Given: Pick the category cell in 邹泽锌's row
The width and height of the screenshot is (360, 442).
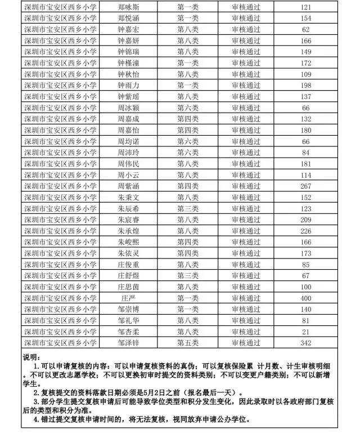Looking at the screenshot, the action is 188,342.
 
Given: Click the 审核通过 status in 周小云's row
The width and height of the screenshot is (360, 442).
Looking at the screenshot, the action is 246,175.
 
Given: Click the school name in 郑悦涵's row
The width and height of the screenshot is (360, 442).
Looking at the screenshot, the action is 60,19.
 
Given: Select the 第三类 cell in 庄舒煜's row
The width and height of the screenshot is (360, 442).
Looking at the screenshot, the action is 188,275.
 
